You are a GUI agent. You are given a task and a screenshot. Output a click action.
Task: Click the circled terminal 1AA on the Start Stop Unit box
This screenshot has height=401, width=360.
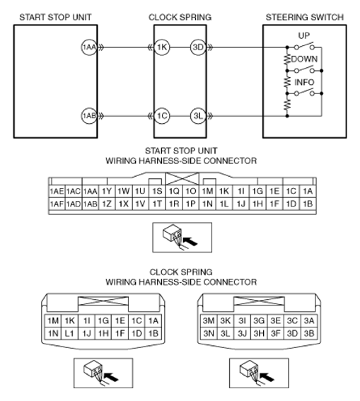point(89,47)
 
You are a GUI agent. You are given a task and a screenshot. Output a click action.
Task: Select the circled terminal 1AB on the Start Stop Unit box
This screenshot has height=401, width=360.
point(89,116)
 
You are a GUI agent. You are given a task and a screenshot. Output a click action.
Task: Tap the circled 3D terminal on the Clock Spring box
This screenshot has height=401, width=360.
point(198,47)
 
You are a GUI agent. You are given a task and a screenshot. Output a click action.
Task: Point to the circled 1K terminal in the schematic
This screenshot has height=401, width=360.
point(162,47)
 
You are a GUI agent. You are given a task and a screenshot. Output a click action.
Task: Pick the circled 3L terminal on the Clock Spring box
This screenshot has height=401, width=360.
point(198,116)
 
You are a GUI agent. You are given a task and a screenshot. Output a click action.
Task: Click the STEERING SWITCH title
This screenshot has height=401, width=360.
point(305,17)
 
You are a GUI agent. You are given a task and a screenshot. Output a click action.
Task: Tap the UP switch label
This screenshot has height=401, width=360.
point(303,35)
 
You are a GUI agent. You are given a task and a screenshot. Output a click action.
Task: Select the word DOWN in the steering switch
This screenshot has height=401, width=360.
point(304,59)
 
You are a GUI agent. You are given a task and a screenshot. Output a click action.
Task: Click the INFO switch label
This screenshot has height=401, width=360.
point(304,82)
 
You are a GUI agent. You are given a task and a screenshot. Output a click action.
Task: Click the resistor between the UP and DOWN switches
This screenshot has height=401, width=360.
point(287,59)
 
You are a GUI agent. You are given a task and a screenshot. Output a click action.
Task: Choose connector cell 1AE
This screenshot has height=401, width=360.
point(57,191)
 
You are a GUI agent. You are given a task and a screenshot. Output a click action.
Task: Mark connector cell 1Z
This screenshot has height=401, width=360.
point(107,204)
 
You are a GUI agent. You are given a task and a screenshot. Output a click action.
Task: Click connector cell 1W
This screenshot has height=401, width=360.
point(124,191)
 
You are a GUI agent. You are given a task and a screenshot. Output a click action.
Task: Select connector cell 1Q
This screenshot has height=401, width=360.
point(174,191)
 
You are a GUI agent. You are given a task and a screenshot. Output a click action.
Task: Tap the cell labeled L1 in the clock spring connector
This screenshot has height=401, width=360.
point(69,333)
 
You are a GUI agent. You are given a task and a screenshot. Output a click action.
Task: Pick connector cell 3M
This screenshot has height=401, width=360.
point(209,320)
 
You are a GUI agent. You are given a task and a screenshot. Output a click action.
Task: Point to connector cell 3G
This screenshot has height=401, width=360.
point(259,320)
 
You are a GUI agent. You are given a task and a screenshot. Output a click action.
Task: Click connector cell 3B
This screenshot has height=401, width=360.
point(309,333)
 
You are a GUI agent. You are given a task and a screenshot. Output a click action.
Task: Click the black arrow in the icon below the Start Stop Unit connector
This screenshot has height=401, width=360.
point(191,241)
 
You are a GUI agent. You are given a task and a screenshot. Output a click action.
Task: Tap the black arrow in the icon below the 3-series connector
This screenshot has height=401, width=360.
point(267,377)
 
